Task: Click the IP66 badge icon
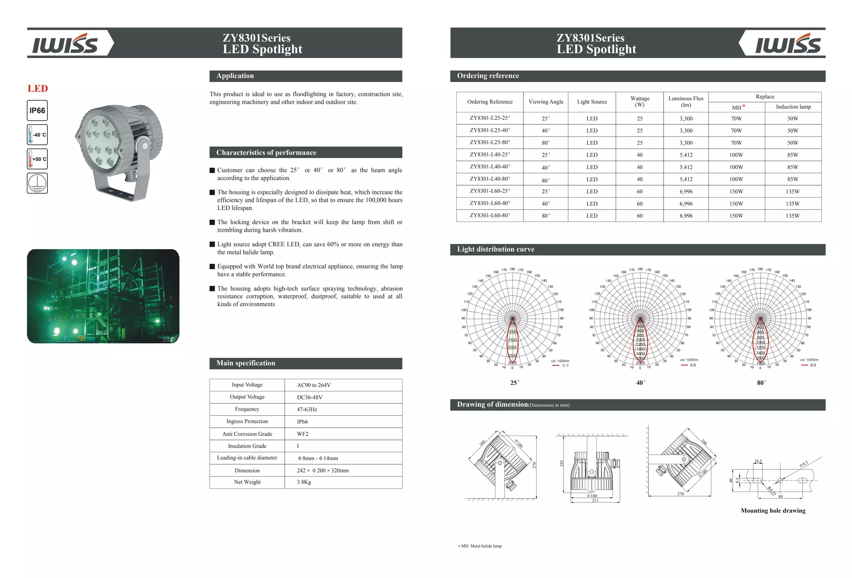pos(37,111)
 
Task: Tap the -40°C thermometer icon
pos(37,135)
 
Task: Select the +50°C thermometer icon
pos(37,159)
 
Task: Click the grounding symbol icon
pos(37,183)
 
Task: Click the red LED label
pos(38,89)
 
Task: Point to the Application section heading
pos(235,76)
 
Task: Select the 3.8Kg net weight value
pos(304,482)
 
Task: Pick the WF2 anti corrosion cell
pos(302,434)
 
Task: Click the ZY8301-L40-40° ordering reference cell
pos(490,166)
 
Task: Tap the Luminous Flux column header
pos(686,102)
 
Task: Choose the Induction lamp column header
pos(793,107)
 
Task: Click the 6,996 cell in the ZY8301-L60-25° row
pos(686,191)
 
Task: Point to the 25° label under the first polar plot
pos(515,383)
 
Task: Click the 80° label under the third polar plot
pos(761,383)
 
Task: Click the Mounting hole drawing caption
pos(773,511)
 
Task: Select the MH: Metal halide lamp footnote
pos(481,546)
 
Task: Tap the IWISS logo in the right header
pos(788,44)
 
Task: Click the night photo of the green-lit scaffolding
pos(103,296)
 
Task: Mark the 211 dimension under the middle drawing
pos(595,501)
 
